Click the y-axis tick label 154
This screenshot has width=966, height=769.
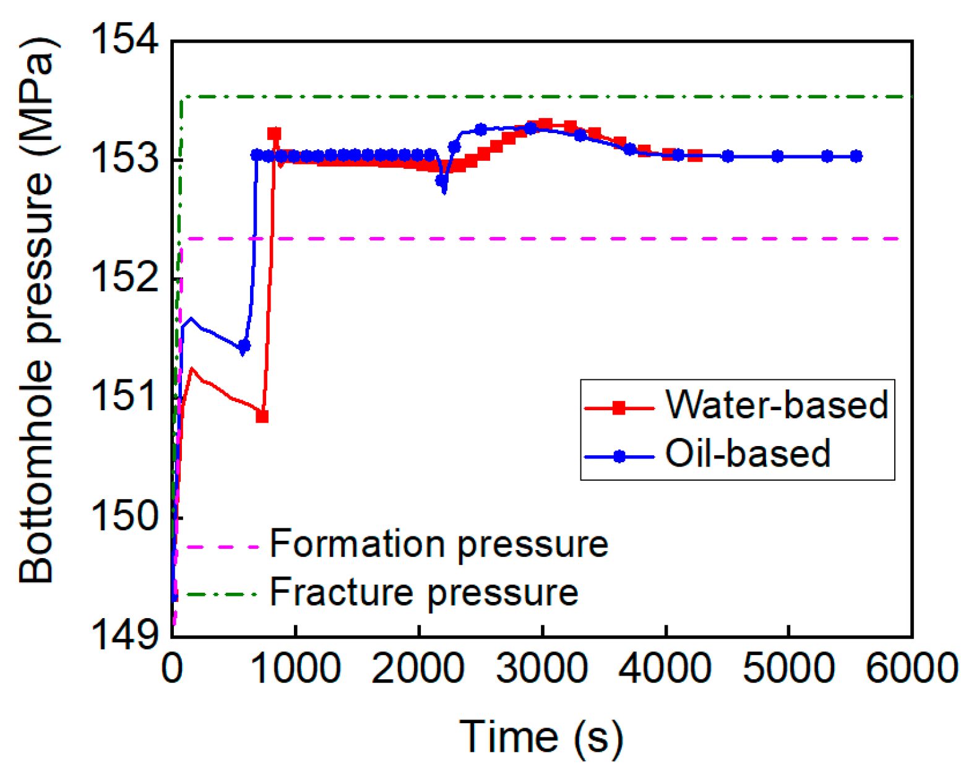[x=124, y=40]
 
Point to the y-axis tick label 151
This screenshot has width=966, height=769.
[x=124, y=397]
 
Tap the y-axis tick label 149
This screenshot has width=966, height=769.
[x=124, y=635]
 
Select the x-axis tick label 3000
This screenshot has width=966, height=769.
[x=542, y=669]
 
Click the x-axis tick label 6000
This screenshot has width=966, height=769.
[x=912, y=669]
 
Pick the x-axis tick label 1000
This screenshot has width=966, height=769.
[x=295, y=669]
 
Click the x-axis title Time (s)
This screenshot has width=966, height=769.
[x=541, y=736]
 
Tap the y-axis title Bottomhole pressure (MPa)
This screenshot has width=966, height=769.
[x=37, y=309]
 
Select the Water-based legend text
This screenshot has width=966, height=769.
[x=777, y=405]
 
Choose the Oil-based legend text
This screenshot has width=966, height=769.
[x=747, y=453]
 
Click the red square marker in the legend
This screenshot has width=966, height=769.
[x=619, y=408]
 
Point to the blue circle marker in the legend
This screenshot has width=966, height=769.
[x=619, y=457]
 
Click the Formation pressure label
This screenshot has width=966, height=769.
[x=439, y=544]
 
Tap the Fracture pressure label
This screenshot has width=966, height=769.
[x=424, y=593]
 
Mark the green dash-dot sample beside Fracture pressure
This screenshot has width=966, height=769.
[x=221, y=595]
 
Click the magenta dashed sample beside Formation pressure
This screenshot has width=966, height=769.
[x=221, y=547]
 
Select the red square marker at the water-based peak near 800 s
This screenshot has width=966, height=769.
[x=274, y=134]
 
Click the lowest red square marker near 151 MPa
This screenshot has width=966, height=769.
[x=262, y=416]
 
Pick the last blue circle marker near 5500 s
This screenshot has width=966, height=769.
[x=856, y=157]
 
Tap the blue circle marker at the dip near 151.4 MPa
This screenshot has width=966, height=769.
[x=244, y=346]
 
